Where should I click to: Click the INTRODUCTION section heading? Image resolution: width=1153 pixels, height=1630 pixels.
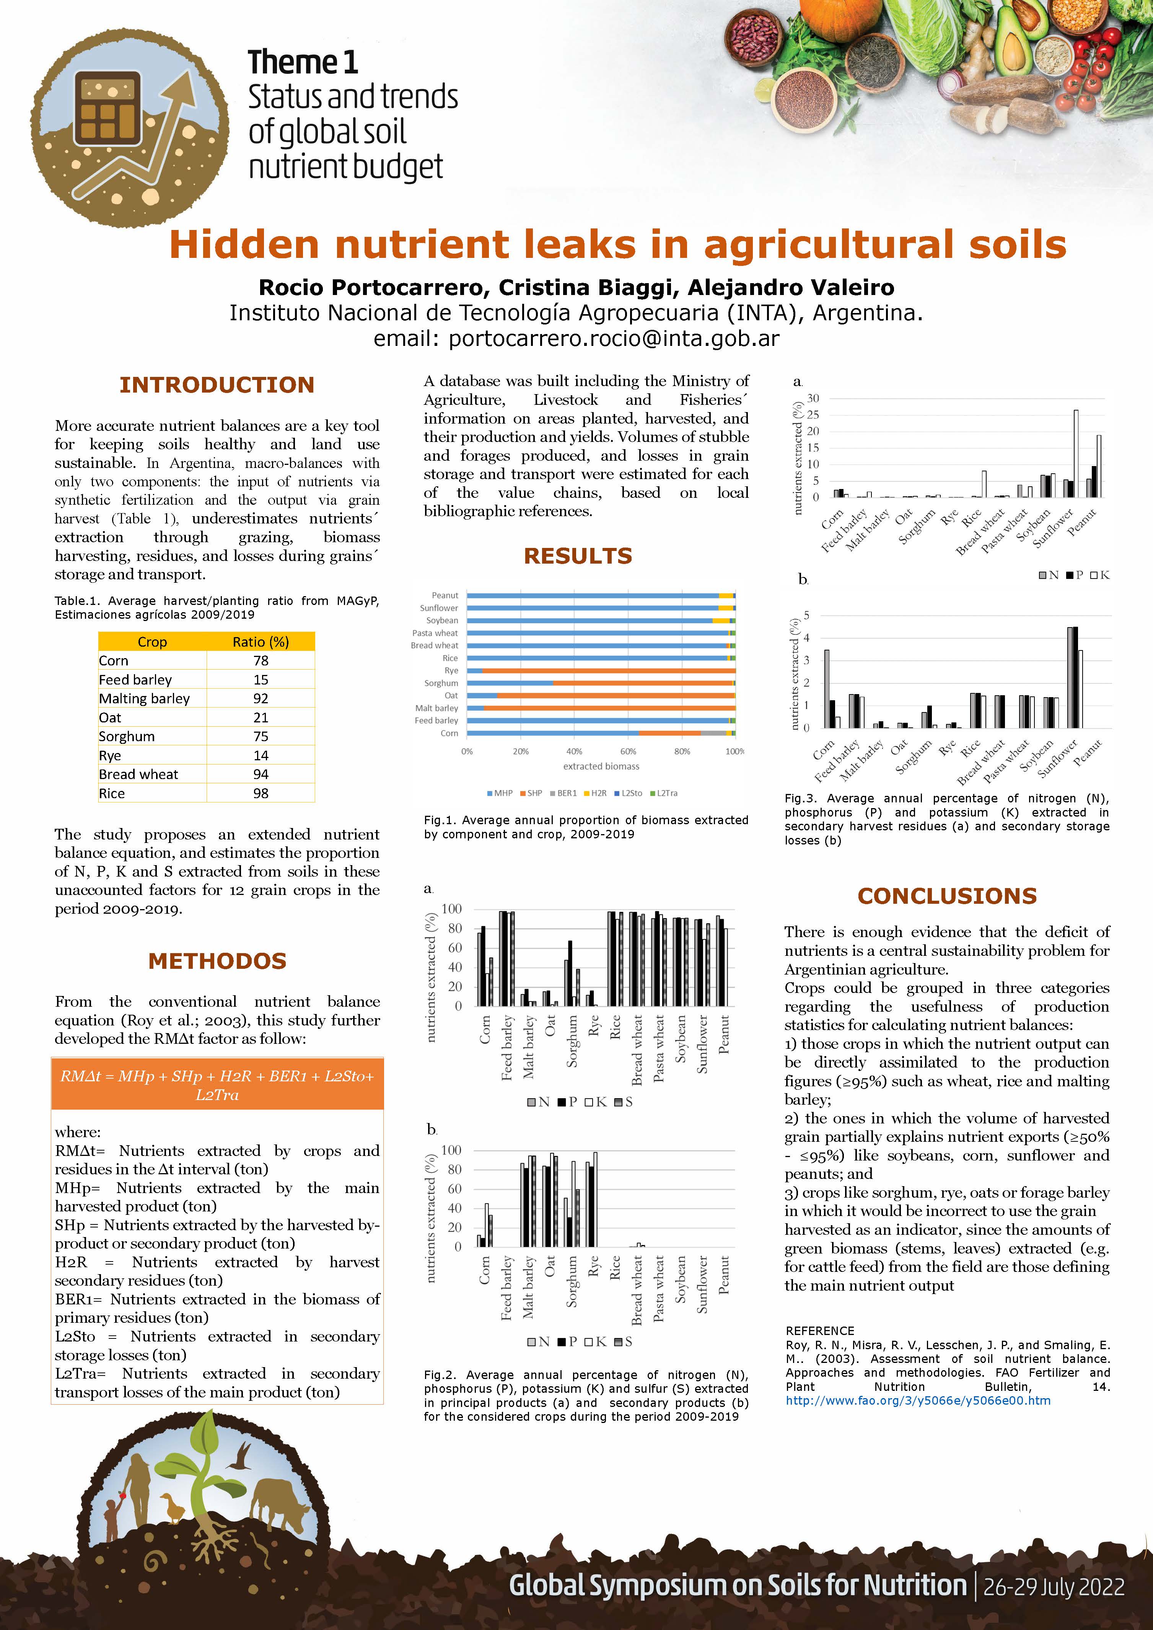tap(217, 385)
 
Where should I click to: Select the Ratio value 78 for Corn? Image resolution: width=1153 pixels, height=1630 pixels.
tap(261, 661)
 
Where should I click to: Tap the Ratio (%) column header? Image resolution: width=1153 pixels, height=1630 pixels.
tap(261, 642)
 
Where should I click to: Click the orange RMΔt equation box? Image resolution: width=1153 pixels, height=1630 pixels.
tap(217, 1085)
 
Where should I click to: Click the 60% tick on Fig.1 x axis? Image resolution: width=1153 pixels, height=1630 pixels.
tap(628, 751)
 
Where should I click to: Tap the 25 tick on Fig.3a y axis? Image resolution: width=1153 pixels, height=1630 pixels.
tap(813, 415)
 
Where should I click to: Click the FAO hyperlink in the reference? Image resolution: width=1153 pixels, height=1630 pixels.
tap(918, 1401)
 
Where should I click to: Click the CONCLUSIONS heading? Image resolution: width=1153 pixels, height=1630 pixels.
tap(947, 896)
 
